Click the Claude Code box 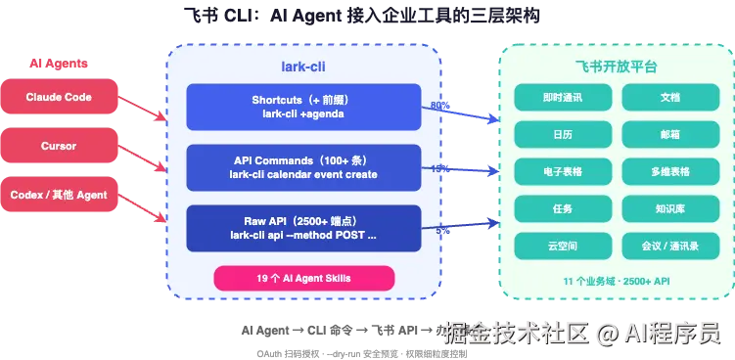coord(59,98)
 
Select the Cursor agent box coord(59,146)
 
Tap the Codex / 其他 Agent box coord(59,194)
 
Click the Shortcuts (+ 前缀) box coord(303,107)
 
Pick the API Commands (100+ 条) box coord(303,167)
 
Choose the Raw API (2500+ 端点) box coord(303,228)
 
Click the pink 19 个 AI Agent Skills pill coord(303,279)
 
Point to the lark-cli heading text coord(303,67)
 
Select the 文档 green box coord(669,97)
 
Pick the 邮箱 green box coord(669,134)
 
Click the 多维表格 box coord(669,171)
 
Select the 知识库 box coord(669,208)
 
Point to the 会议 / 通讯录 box coord(669,246)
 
